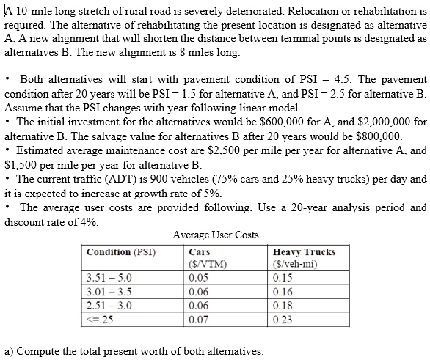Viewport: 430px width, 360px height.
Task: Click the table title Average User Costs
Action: coord(215,235)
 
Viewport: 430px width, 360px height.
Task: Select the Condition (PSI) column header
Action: coord(121,252)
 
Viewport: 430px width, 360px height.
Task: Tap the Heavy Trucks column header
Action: coord(303,252)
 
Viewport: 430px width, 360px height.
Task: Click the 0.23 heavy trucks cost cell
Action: coord(281,319)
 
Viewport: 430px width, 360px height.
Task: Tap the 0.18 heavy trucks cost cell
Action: coord(281,305)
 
